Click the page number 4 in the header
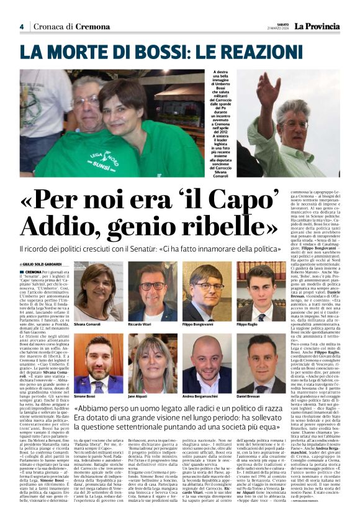pyautogui.click(x=22, y=26)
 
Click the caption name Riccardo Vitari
pyautogui.click(x=141, y=324)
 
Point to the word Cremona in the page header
pyautogui.click(x=80, y=27)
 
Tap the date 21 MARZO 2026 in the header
pyautogui.click(x=281, y=29)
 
